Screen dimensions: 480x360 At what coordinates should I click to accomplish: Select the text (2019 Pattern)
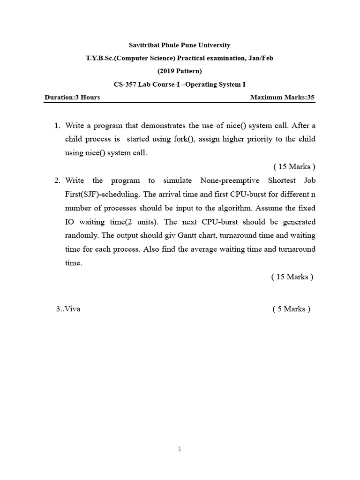pos(180,71)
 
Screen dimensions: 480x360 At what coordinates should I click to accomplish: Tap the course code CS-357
pos(125,84)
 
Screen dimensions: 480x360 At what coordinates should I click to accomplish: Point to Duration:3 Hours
pos(72,97)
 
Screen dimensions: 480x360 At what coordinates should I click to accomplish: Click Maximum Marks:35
pos(282,97)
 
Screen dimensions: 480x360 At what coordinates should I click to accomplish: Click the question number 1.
pos(57,126)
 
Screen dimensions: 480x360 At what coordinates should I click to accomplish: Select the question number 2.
pos(57,180)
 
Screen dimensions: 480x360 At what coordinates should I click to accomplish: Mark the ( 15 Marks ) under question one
pos(294,167)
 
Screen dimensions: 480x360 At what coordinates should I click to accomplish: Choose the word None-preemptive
pos(229,180)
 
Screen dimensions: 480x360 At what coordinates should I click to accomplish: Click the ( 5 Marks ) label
pos(291,309)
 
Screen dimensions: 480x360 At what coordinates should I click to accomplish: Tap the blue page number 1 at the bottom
pos(180,449)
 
